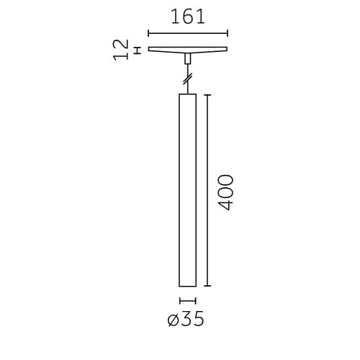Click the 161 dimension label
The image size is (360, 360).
tap(188, 17)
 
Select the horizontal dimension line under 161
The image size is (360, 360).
tap(188, 32)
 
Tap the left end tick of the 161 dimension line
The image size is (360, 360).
tap(148, 32)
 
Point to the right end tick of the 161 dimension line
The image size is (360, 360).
tap(228, 32)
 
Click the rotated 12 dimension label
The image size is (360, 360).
tap(121, 50)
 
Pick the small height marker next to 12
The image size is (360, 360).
tap(137, 50)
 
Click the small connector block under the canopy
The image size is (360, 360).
tap(188, 58)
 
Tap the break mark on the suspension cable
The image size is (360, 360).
tap(188, 78)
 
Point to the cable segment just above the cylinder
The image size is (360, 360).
tap(188, 89)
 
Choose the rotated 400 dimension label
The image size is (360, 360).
tap(226, 192)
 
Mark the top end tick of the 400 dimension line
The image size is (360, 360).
tap(208, 94)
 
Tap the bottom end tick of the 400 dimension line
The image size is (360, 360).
tap(208, 286)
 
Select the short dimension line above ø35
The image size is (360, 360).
tap(187, 300)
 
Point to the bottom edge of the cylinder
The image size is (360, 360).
tap(187, 286)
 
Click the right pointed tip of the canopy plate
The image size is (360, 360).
tap(226, 49)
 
